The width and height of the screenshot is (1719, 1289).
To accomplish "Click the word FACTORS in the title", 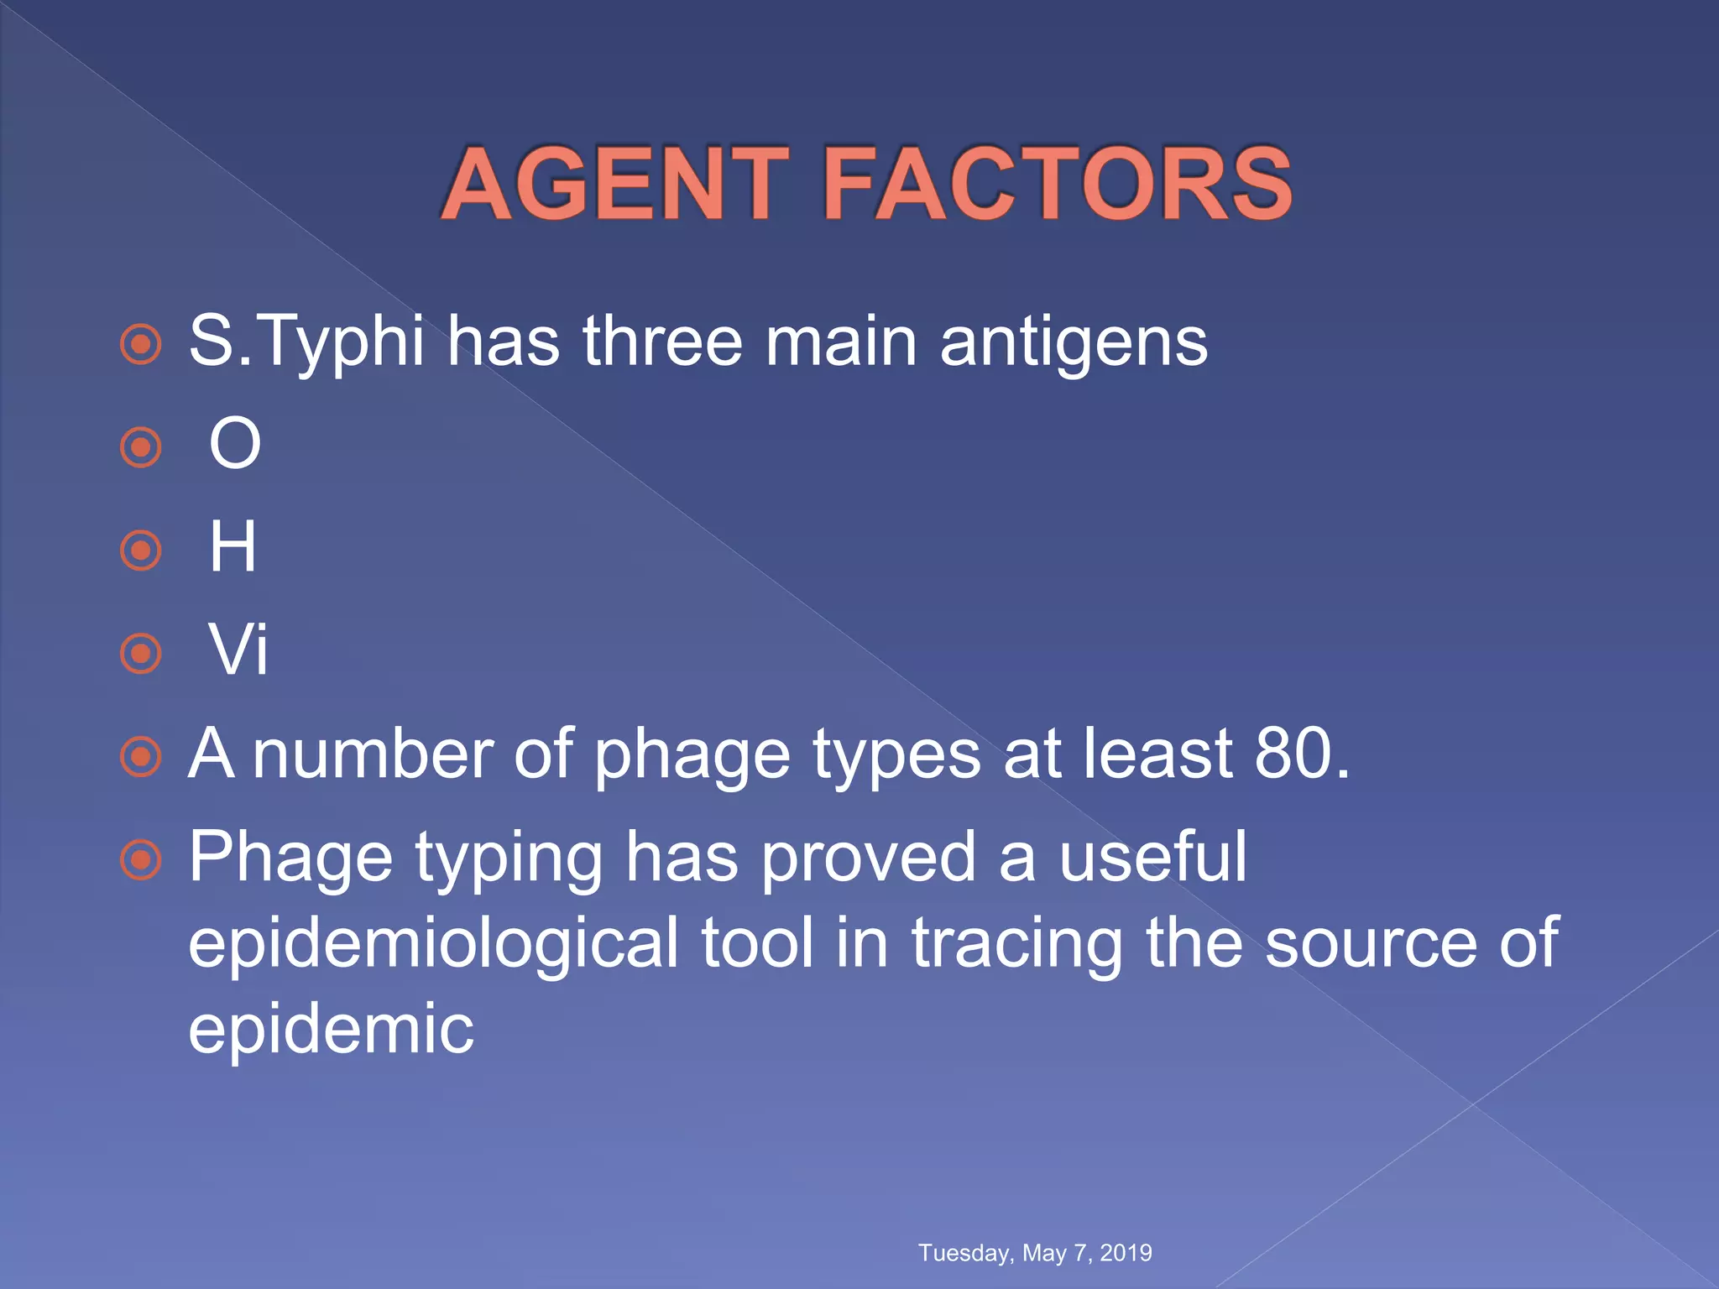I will tap(1058, 184).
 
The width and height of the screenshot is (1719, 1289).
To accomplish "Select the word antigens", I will tap(1074, 342).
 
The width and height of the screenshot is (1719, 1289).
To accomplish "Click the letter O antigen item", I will tap(235, 444).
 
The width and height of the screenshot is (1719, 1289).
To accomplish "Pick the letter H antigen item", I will tap(233, 547).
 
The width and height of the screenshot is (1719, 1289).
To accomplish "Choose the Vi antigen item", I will tap(238, 650).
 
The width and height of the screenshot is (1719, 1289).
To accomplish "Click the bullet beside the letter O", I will tap(140, 447).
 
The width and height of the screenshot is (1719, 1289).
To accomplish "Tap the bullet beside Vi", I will tap(140, 653).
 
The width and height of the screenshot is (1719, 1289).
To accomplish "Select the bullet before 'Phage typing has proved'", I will tap(140, 859).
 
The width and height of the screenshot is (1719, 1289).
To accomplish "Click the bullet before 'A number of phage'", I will tap(140, 757).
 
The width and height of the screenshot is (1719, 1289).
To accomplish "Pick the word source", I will tap(1370, 942).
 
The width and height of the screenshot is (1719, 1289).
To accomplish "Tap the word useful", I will tap(1152, 856).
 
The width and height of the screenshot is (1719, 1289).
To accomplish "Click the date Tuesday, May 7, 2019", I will tap(1035, 1253).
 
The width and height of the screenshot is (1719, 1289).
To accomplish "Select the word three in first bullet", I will tap(663, 342).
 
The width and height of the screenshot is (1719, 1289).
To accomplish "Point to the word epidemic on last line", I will tap(331, 1030).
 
